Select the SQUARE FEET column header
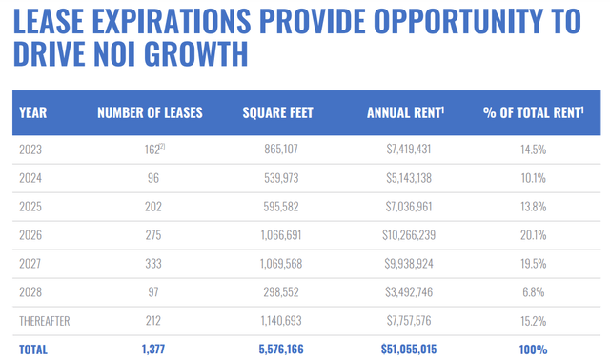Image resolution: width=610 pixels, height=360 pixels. click(x=277, y=112)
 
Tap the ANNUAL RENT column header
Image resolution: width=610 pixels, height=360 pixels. click(x=405, y=112)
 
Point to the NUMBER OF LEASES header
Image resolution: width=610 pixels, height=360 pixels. click(x=150, y=112)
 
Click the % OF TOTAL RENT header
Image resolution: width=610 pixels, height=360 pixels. click(x=534, y=112)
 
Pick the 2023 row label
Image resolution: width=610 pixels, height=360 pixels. click(x=30, y=150)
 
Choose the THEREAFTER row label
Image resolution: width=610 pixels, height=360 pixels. click(x=45, y=321)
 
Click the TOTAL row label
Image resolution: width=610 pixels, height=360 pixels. click(x=33, y=350)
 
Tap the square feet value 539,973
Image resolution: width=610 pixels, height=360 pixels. click(x=281, y=178)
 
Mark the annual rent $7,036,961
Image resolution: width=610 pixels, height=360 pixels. click(x=409, y=207)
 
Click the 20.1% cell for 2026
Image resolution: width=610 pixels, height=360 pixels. click(x=534, y=235)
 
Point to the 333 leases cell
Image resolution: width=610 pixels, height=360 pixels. click(x=153, y=264)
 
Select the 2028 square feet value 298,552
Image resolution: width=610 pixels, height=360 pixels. click(x=281, y=292)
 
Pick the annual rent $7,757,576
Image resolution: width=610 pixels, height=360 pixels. click(x=409, y=321)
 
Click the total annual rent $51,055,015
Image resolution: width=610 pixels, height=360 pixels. click(x=409, y=350)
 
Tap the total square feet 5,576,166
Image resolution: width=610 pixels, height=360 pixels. click(x=281, y=350)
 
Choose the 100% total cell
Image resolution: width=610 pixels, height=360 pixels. click(x=534, y=350)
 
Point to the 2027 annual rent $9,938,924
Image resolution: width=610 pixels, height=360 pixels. click(x=409, y=264)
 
